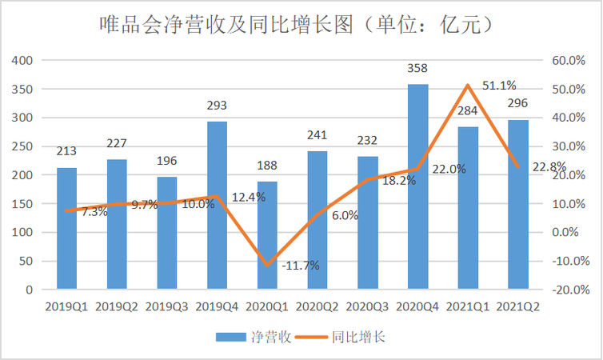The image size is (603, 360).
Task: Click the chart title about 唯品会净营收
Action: (x=301, y=25)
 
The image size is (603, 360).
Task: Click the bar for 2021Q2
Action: (x=518, y=204)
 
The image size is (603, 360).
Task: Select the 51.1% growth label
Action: (x=499, y=86)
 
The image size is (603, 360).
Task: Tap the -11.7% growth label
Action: (x=301, y=265)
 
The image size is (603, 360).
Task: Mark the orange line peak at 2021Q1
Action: (x=468, y=85)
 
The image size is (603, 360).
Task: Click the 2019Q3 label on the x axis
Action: (x=167, y=306)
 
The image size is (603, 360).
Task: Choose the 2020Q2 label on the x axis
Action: (x=317, y=306)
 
